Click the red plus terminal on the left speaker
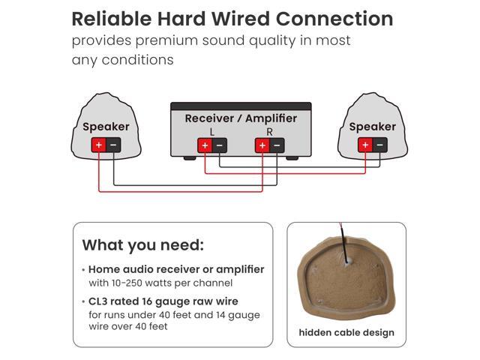[98, 145]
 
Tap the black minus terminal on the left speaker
[113, 145]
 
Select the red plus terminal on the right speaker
[365, 145]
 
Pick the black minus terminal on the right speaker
[380, 145]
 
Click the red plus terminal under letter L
[205, 145]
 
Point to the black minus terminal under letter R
[277, 145]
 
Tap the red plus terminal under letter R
[262, 145]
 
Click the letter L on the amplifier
[212, 131]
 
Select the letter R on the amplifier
[269, 131]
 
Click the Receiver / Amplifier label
[241, 118]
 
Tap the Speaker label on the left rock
[106, 127]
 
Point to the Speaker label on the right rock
[372, 127]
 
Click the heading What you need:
[142, 245]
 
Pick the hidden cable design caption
[346, 332]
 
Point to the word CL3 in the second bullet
[99, 301]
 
